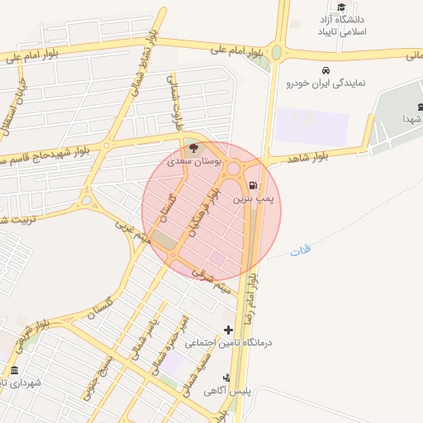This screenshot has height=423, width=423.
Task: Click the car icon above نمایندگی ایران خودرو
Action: click(327, 70)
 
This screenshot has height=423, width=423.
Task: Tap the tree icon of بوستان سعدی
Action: click(192, 149)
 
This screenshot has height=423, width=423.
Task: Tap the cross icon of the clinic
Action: click(229, 330)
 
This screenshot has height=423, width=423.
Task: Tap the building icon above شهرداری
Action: click(14, 369)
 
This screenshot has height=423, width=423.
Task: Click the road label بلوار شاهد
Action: click(304, 158)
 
